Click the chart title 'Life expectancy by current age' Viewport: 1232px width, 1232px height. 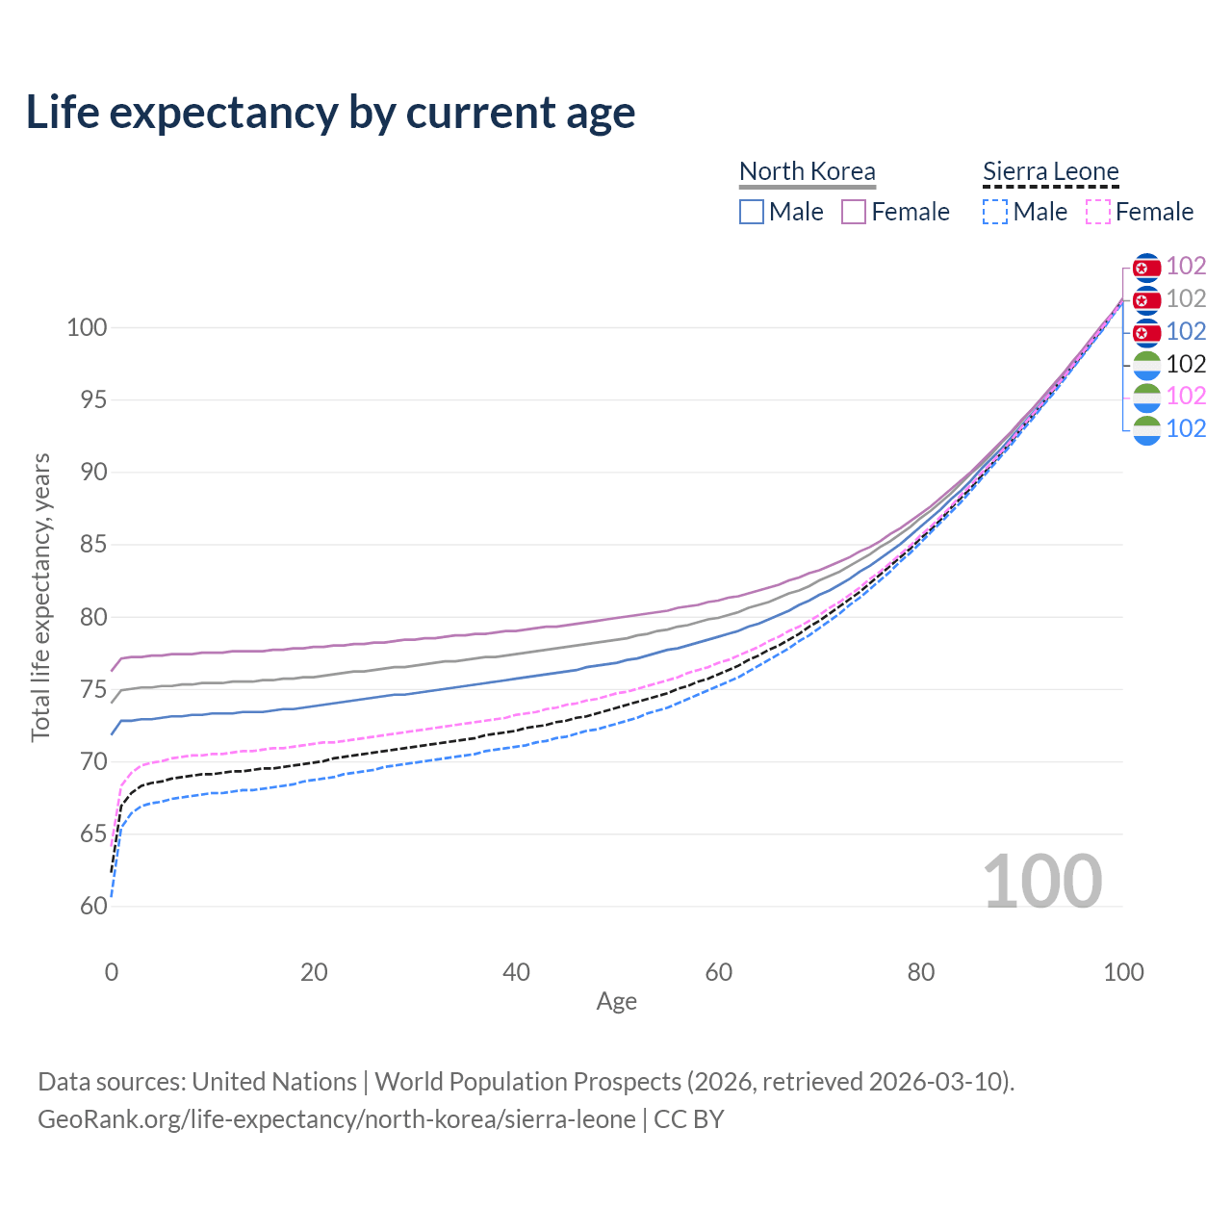click(x=330, y=113)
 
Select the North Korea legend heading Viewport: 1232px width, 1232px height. click(x=807, y=171)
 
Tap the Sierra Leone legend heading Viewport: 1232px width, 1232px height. click(x=1050, y=171)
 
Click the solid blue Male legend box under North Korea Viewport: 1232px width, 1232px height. click(x=751, y=212)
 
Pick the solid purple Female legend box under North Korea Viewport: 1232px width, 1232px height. click(x=854, y=212)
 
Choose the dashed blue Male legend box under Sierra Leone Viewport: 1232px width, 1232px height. click(x=995, y=212)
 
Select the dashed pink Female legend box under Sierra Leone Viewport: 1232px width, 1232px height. click(x=1098, y=212)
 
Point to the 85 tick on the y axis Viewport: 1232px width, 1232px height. click(x=93, y=544)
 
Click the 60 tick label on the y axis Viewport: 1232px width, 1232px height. click(x=93, y=906)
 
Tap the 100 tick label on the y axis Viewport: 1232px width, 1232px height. click(x=87, y=327)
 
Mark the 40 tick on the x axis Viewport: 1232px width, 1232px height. click(x=516, y=972)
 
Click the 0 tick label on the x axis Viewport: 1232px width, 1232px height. click(x=112, y=972)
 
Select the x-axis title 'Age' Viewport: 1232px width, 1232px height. click(x=616, y=1001)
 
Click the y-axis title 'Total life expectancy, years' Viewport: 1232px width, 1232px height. click(x=40, y=598)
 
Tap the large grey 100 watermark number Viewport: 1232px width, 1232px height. click(x=1042, y=881)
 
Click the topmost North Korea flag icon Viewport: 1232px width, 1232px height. click(x=1146, y=268)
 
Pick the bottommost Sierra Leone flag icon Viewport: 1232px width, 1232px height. click(x=1146, y=430)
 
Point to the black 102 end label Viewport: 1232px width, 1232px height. click(x=1186, y=364)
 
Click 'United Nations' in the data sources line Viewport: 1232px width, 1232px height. click(x=274, y=1082)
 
